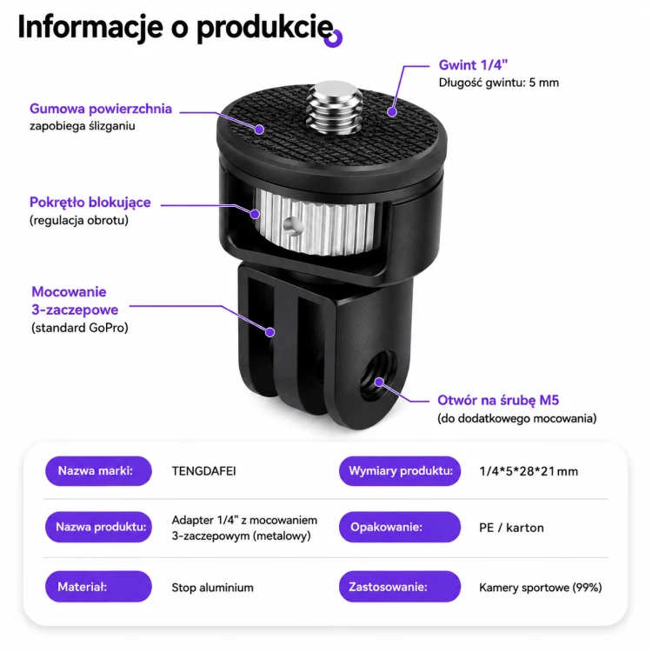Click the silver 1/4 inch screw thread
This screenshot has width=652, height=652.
[335, 107]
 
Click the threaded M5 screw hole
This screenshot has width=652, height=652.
[377, 375]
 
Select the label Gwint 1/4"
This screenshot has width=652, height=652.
[473, 65]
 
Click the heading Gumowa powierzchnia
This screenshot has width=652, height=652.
[101, 109]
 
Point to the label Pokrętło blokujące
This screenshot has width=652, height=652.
[90, 203]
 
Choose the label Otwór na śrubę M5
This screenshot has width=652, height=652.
[498, 400]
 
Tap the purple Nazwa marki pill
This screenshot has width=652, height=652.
[98, 470]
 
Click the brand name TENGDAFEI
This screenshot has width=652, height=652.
[203, 471]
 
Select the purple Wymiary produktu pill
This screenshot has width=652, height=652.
[400, 470]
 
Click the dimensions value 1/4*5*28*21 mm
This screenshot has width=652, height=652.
[529, 471]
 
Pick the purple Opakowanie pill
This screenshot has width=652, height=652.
[400, 527]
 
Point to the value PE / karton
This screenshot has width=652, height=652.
[511, 528]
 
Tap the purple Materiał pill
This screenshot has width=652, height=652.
[98, 586]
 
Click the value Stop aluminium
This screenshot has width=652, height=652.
[212, 588]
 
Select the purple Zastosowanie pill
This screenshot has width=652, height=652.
[400, 586]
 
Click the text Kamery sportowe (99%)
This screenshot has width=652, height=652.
[541, 588]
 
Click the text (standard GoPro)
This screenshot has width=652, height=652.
[80, 328]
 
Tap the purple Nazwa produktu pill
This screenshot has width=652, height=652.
[98, 527]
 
